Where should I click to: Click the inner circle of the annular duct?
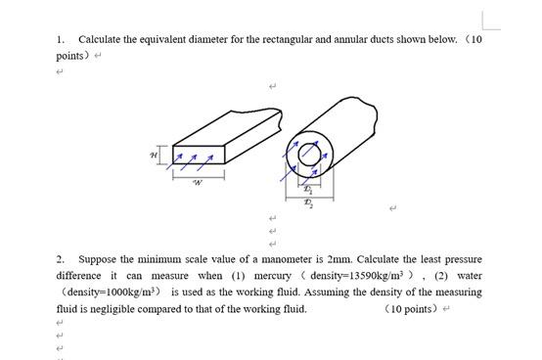pyautogui.click(x=311, y=152)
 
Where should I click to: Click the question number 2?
pyautogui.click(x=60, y=259)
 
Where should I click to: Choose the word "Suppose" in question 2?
pyautogui.click(x=97, y=259)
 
